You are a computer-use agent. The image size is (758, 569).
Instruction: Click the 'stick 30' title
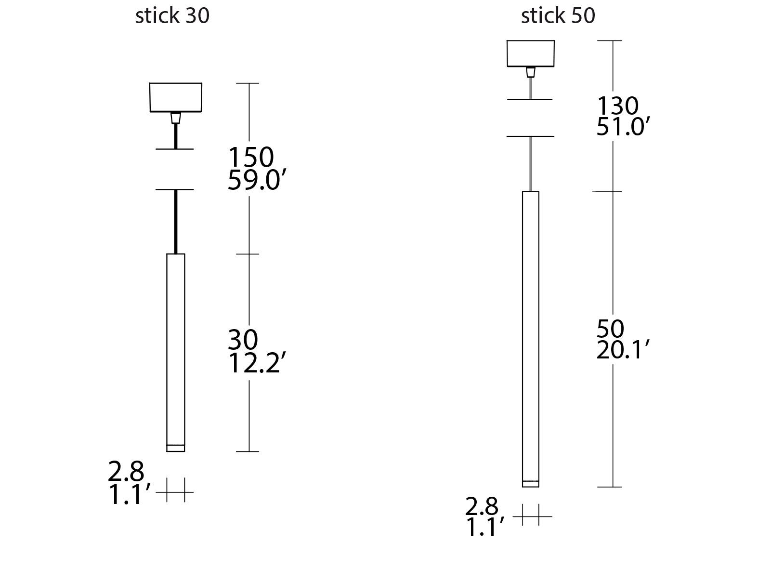(172, 16)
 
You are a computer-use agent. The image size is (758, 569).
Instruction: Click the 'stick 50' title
(558, 16)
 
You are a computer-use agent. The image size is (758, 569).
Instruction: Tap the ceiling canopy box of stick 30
(175, 97)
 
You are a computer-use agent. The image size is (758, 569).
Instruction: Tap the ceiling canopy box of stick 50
(531, 53)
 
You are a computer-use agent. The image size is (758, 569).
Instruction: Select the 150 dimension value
(251, 157)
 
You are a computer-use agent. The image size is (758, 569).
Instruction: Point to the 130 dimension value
(617, 106)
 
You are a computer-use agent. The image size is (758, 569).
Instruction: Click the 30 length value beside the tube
(243, 340)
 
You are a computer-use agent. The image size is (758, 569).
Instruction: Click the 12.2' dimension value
(254, 363)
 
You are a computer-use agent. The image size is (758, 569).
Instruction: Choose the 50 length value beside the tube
(610, 329)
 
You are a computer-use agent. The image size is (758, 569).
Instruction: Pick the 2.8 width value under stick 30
(126, 472)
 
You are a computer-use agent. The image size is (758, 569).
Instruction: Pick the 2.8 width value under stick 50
(482, 506)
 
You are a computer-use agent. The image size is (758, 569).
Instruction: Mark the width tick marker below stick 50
(532, 517)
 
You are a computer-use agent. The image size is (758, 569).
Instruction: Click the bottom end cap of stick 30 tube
(175, 448)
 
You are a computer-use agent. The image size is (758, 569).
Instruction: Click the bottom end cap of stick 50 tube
(531, 484)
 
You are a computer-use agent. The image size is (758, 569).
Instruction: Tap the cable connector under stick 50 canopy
(531, 73)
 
